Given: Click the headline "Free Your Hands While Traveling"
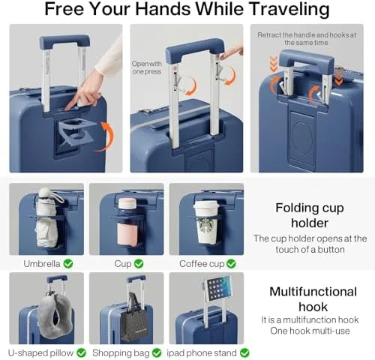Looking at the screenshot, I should (187, 10).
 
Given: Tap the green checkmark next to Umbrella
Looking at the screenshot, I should (67, 263).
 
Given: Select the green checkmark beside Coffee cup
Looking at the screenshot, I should (231, 263).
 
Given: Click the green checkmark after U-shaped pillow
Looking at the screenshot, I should (81, 352).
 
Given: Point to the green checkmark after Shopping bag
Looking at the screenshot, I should (156, 352).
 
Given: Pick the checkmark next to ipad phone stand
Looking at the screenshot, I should (244, 352).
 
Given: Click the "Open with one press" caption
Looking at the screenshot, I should (147, 67).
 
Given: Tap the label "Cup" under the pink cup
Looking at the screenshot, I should (122, 263).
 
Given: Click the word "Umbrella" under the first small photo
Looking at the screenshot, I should (41, 263).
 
